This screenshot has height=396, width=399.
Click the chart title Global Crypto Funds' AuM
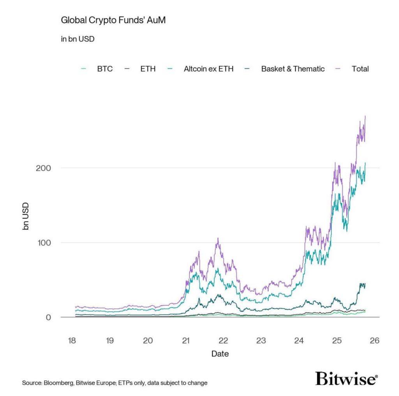pyautogui.click(x=113, y=20)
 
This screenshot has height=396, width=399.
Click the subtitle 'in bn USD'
pyautogui.click(x=78, y=39)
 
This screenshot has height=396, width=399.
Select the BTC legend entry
pyautogui.click(x=104, y=69)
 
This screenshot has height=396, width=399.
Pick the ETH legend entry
pyautogui.click(x=148, y=69)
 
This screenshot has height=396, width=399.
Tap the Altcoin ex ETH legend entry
pyautogui.click(x=208, y=69)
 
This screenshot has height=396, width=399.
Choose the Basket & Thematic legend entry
pyautogui.click(x=293, y=69)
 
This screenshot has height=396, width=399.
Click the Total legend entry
pyautogui.click(x=360, y=69)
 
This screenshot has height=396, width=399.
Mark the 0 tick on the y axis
pyautogui.click(x=48, y=317)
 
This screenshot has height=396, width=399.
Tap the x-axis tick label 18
pyautogui.click(x=72, y=341)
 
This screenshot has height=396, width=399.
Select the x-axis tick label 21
pyautogui.click(x=185, y=341)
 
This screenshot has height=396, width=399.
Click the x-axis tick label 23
pyautogui.click(x=261, y=341)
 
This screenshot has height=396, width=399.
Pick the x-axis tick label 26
pyautogui.click(x=374, y=341)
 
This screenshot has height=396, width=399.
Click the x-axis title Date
pyautogui.click(x=220, y=354)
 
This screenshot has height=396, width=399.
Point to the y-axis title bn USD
pyautogui.click(x=26, y=216)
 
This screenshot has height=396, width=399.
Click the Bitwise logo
pyautogui.click(x=346, y=379)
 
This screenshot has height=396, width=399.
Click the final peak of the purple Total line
pyautogui.click(x=365, y=116)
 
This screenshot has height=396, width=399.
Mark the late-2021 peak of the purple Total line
pyautogui.click(x=218, y=238)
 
